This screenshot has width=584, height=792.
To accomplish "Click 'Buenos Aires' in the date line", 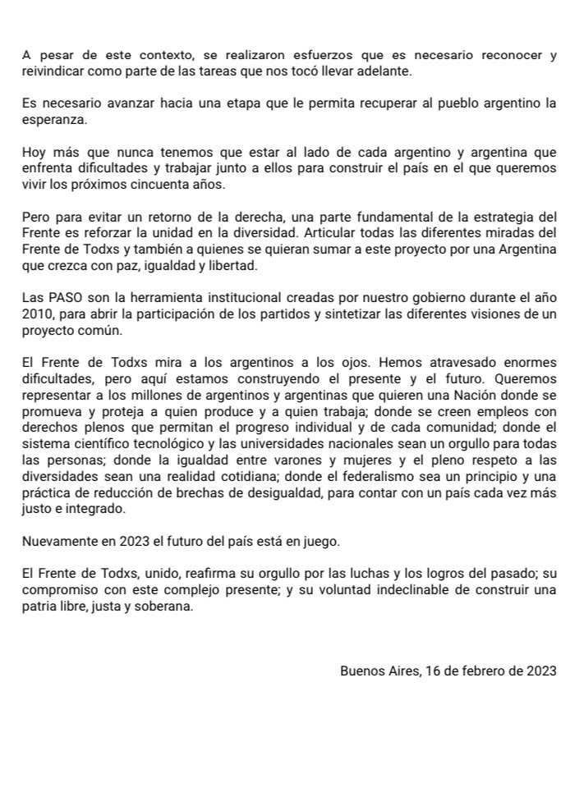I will pos(379,671).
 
